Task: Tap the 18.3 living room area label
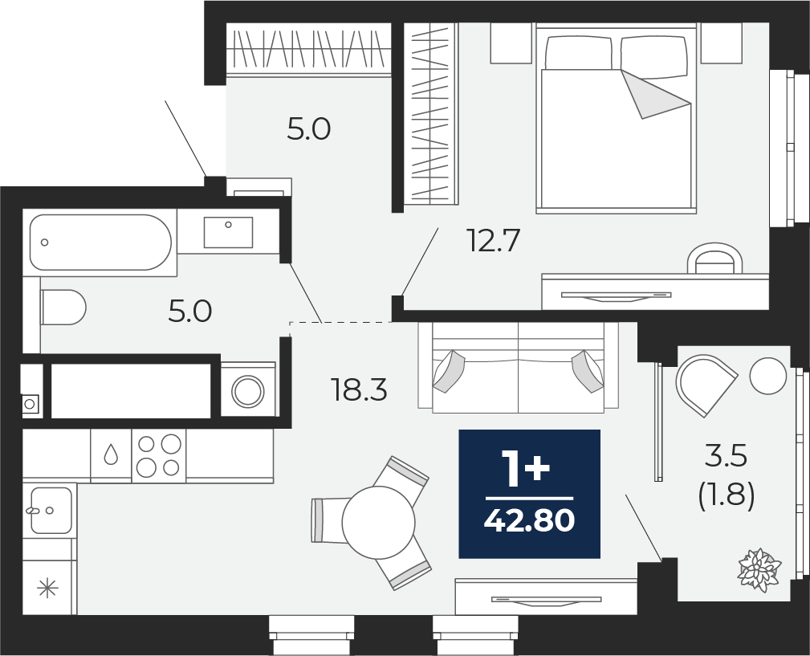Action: pos(359,390)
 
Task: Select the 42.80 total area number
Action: pos(529,522)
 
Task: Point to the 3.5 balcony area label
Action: pos(726,457)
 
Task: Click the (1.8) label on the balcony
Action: pos(726,495)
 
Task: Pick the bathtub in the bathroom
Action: pos(100,242)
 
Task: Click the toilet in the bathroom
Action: pos(63,308)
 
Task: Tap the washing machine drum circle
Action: pos(248,391)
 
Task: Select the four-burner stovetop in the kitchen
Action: pos(159,455)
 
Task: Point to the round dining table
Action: pos(378,522)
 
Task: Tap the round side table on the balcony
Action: pos(767,376)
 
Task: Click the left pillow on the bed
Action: pos(578,54)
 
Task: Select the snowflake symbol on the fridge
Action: pos(48,589)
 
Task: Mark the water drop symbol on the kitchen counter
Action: pos(111,455)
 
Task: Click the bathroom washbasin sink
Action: pos(228,232)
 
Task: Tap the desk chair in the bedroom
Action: pos(714,260)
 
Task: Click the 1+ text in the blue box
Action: pos(525,470)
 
